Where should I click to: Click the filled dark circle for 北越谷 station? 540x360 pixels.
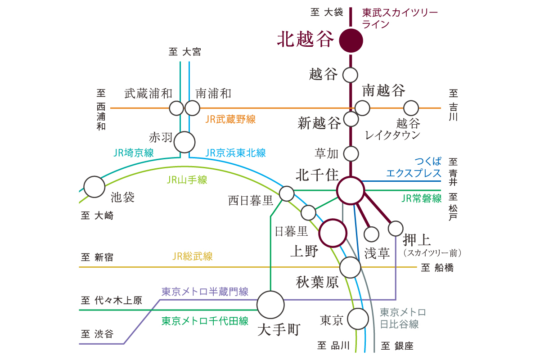tap(351, 40)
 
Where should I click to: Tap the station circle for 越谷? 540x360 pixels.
tap(351, 75)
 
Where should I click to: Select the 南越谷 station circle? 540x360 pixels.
tap(362, 108)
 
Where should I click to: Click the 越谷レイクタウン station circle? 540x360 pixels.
tap(411, 108)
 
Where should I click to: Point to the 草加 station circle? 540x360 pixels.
tap(351, 153)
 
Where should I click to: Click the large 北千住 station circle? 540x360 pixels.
tap(351, 191)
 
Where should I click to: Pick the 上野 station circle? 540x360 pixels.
tap(333, 233)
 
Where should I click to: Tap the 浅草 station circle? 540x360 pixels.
tap(372, 234)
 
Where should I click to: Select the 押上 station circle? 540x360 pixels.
tap(396, 229)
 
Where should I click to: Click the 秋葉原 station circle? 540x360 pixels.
tap(350, 267)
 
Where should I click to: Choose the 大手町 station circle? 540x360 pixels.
tap(270, 305)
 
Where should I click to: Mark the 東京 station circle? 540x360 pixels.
tap(358, 319)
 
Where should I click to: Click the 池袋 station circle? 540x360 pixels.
tap(94, 186)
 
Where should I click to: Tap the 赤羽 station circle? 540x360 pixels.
tap(184, 142)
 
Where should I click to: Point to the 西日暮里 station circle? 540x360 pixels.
tap(287, 194)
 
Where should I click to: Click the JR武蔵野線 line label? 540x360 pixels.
tap(230, 119)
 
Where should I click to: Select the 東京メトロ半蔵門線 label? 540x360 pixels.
tap(205, 292)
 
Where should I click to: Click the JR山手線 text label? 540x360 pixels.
tap(187, 180)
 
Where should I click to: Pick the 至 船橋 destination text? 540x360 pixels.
tap(437, 268)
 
